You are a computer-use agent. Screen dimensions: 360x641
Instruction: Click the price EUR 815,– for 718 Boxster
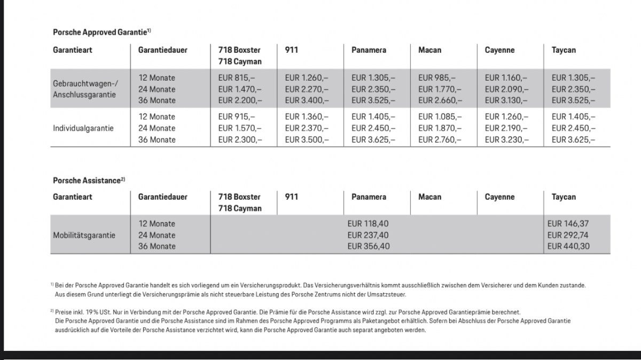coord(237,78)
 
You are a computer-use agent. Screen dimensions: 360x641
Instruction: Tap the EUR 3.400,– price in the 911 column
coord(307,100)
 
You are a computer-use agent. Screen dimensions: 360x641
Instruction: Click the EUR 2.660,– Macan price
coord(440,100)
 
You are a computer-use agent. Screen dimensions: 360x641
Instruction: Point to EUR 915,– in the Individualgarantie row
coord(237,117)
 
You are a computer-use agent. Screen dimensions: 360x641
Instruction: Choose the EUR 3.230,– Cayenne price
coord(506,140)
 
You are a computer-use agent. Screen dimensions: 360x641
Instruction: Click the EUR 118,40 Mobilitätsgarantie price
coord(369,224)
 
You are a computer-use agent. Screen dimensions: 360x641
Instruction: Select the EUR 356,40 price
coord(369,246)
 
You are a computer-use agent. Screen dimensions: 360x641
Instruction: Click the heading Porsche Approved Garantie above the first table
coord(99,33)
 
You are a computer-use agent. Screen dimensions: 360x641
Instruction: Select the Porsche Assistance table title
coord(87,181)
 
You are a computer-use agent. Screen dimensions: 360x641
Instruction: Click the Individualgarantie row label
coord(83,128)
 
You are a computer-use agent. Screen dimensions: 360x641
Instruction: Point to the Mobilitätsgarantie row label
coord(84,235)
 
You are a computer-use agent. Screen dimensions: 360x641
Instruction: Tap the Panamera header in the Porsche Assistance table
coord(369,197)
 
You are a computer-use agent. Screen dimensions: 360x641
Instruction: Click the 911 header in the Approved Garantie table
coord(292,50)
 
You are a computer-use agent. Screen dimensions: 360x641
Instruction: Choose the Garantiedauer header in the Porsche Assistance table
coord(163,197)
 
